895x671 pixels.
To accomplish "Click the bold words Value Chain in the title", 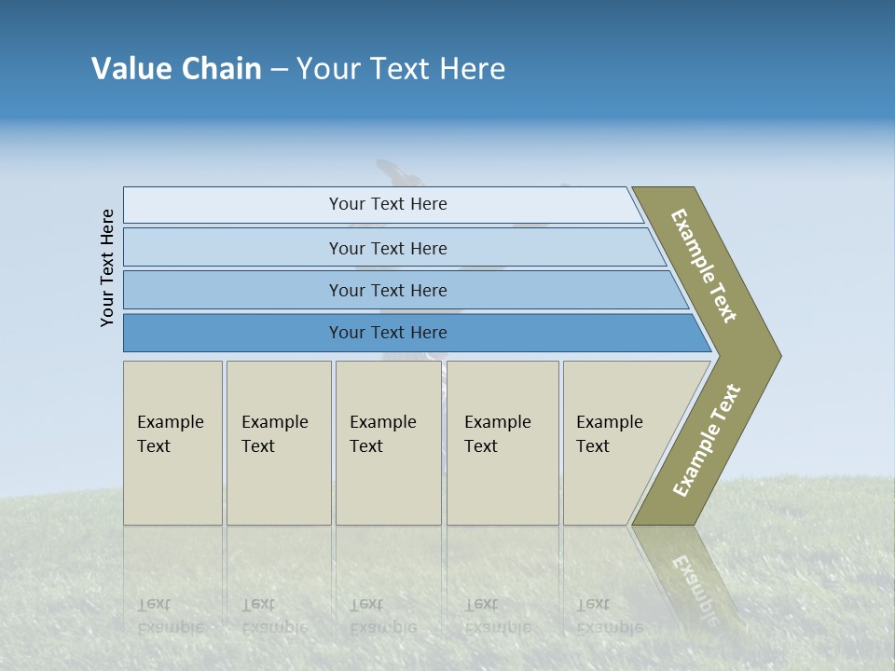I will (176, 69).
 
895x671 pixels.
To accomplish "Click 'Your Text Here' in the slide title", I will (401, 69).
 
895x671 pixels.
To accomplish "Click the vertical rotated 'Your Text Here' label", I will (107, 268).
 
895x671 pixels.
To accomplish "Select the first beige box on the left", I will (172, 443).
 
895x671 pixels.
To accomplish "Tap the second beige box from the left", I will (279, 443).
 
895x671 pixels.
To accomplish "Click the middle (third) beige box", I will (388, 443).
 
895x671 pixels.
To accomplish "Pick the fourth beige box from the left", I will (503, 443).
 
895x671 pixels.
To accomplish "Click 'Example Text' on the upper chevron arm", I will (704, 266).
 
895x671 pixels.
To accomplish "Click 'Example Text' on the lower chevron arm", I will (706, 441).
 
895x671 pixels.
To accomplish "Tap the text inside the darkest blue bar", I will (388, 333).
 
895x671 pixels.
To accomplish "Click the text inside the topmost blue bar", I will (388, 204).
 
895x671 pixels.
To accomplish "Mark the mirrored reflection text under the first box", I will (170, 615).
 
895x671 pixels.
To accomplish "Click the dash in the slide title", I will (279, 70).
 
